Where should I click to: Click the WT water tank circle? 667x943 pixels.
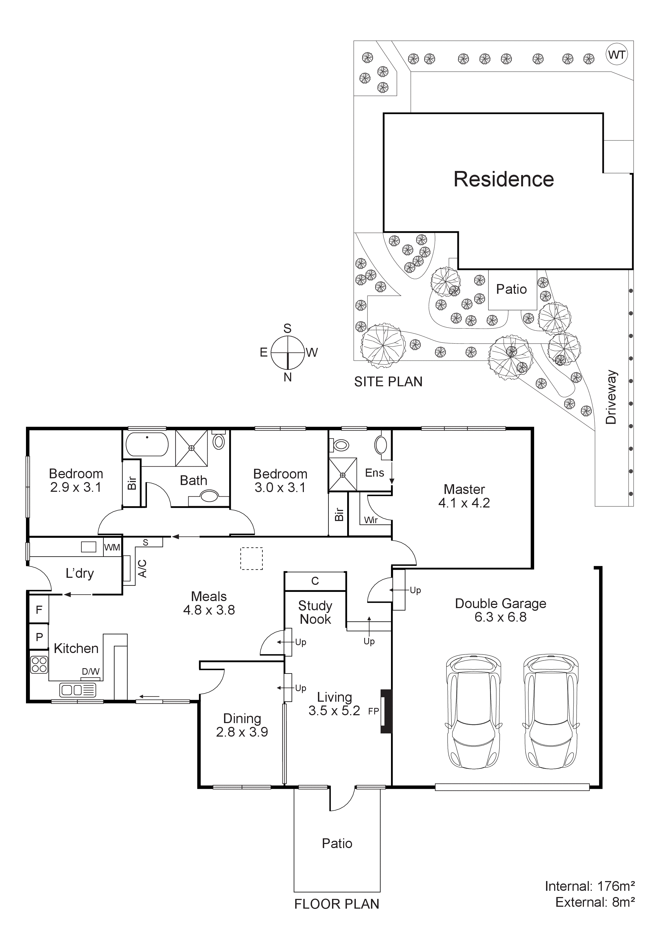coord(617,55)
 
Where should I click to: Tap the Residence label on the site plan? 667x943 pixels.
coord(504,179)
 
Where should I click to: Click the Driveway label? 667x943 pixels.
coord(611,397)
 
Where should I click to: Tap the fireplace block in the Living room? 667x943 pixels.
coord(386,711)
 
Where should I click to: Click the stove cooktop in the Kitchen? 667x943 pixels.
coord(40,665)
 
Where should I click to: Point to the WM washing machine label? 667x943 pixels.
coord(112,548)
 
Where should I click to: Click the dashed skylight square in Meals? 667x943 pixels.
coord(251,559)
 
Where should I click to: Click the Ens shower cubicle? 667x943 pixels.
coord(343,475)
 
